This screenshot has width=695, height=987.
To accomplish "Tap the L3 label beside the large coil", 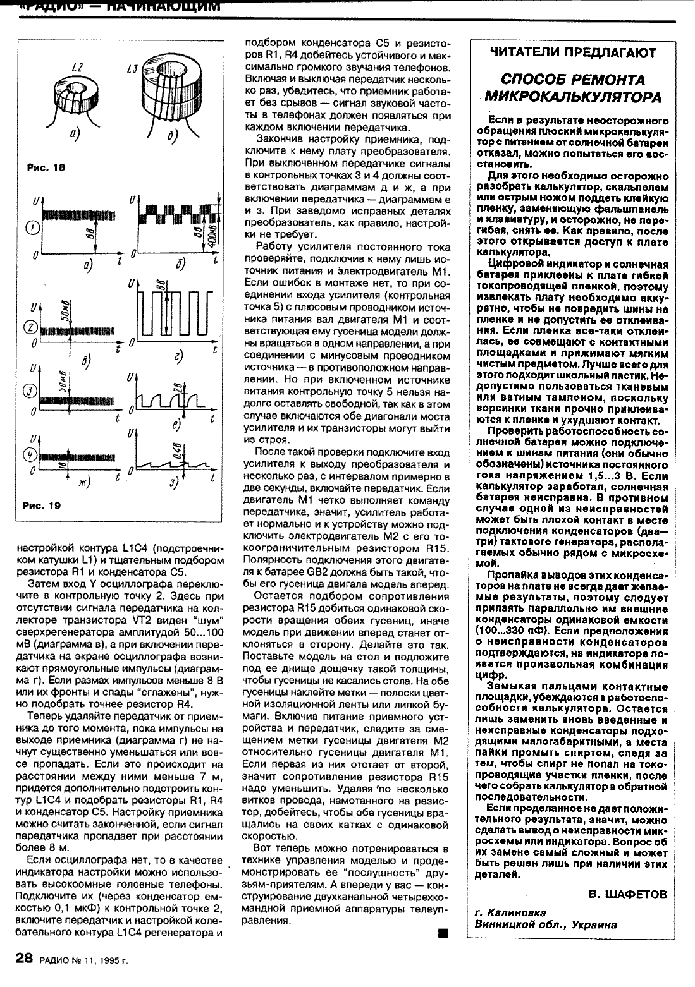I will (132, 68).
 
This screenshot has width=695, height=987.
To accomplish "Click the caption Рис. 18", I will (46, 167).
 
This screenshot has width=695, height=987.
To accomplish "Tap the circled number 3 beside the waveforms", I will (29, 391).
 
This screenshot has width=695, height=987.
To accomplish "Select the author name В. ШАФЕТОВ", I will (627, 894).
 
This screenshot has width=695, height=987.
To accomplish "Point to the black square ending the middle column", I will (442, 933).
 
